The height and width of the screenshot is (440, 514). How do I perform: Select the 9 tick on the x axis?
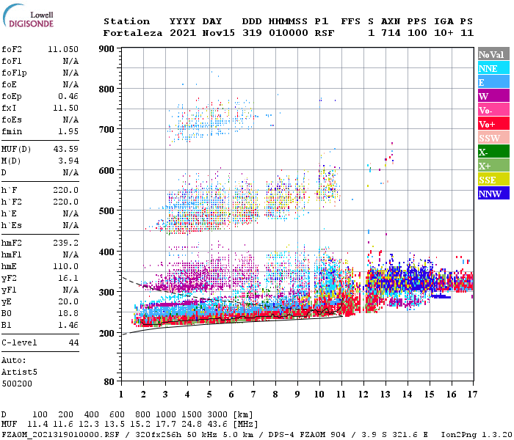(297, 395)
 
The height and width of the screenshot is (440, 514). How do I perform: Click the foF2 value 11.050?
(63, 49)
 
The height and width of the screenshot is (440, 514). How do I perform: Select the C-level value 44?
(73, 342)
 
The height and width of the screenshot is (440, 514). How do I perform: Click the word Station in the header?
(126, 21)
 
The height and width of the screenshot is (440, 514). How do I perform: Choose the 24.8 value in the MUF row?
(193, 424)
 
